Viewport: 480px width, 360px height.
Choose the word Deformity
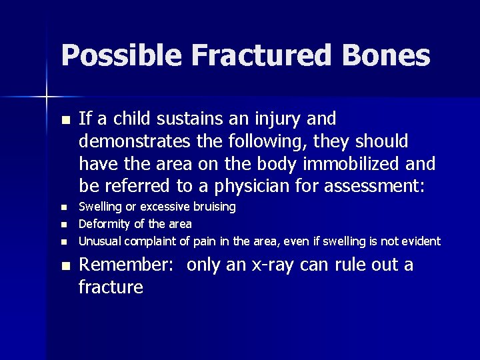click(x=105, y=223)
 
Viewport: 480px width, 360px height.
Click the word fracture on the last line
click(x=111, y=287)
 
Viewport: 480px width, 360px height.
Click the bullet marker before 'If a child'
click(x=64, y=120)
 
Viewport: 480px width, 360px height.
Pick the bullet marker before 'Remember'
click(x=64, y=266)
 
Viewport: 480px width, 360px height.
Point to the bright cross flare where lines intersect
click(x=47, y=97)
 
